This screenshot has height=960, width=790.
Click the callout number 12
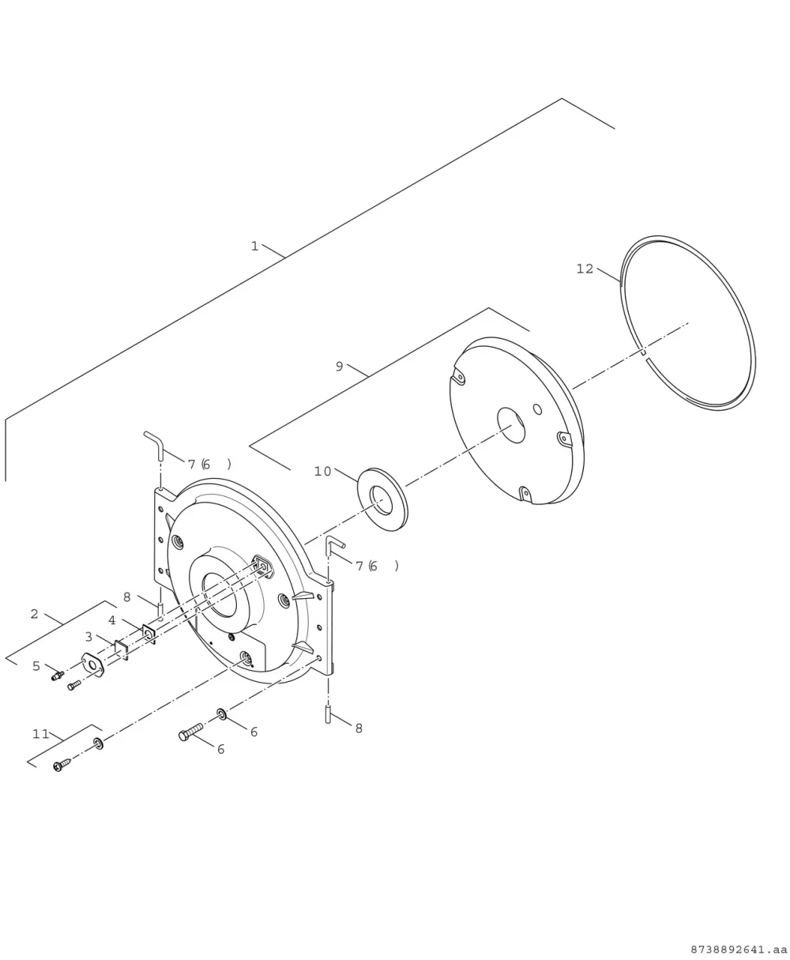pyautogui.click(x=585, y=269)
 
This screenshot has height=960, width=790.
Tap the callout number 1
pyautogui.click(x=255, y=247)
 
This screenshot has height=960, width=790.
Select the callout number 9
pyautogui.click(x=339, y=367)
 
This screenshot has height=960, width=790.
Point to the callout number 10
pyautogui.click(x=322, y=472)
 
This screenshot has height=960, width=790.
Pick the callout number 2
pyautogui.click(x=34, y=614)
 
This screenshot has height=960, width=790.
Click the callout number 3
pyautogui.click(x=88, y=637)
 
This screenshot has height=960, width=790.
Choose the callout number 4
pyautogui.click(x=112, y=620)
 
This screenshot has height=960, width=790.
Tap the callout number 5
pyautogui.click(x=36, y=666)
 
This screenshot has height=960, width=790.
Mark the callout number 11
pyautogui.click(x=40, y=734)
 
